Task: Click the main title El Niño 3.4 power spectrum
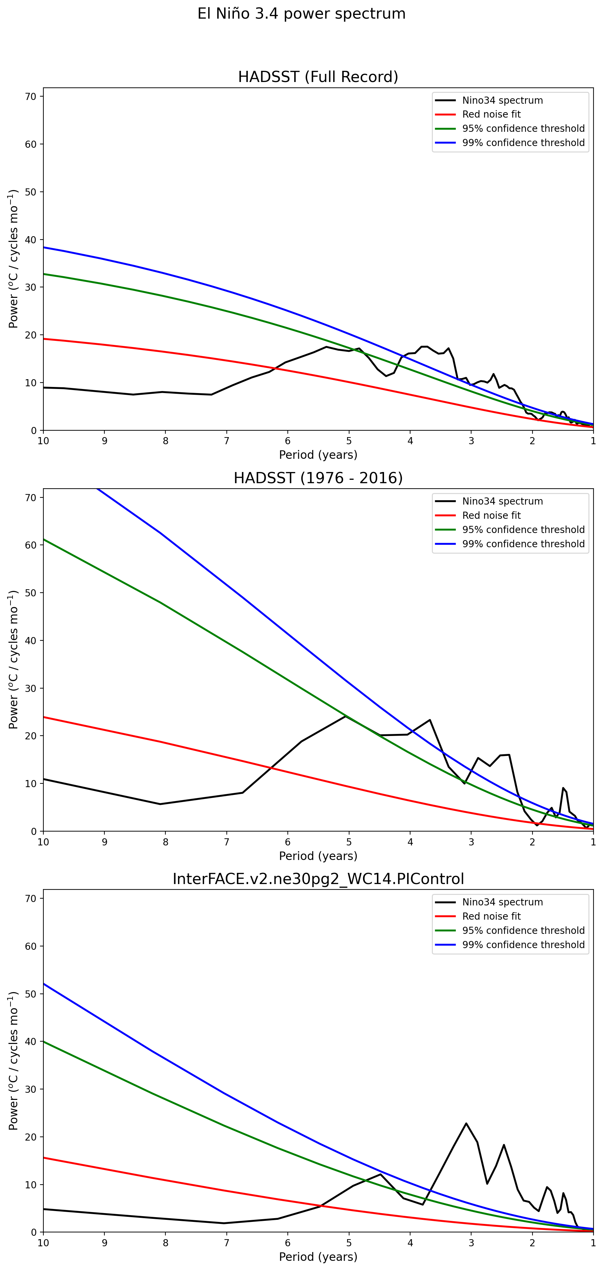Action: [x=301, y=14]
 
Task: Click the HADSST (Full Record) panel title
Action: [x=318, y=77]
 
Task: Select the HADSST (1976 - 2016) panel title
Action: [x=318, y=478]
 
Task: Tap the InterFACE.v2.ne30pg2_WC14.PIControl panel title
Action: [x=318, y=879]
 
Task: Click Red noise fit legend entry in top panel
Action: [x=491, y=115]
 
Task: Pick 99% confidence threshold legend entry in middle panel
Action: [x=523, y=544]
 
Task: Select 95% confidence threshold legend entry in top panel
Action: [x=523, y=129]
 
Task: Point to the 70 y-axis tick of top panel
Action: [x=31, y=97]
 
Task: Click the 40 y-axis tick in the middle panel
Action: [x=31, y=640]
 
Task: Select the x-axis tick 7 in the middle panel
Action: [x=227, y=842]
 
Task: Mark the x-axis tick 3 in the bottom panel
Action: [x=471, y=1243]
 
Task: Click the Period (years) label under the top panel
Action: [x=318, y=454]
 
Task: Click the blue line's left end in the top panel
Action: [x=44, y=247]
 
